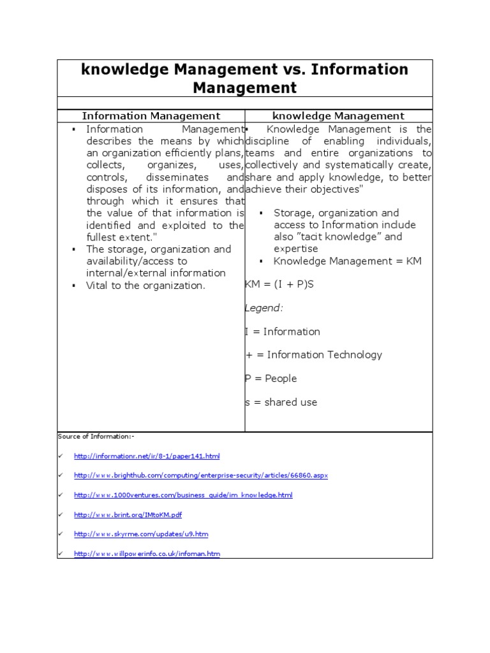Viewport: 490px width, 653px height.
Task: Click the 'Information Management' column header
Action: pyautogui.click(x=151, y=116)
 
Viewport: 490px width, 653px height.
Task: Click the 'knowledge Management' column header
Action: pyautogui.click(x=338, y=116)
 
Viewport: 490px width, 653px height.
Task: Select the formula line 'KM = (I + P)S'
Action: pyautogui.click(x=279, y=284)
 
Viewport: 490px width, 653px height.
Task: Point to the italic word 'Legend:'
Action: pyautogui.click(x=264, y=308)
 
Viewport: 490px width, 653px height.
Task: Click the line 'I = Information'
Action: pyautogui.click(x=283, y=332)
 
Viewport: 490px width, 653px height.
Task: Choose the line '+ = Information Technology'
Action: pyautogui.click(x=313, y=355)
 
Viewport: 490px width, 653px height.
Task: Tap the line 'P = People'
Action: pyautogui.click(x=271, y=379)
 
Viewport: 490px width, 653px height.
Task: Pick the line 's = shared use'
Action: pyautogui.click(x=281, y=402)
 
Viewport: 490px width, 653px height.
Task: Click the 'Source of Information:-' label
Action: pyautogui.click(x=96, y=437)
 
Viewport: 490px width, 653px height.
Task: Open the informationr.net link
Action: pyautogui.click(x=147, y=457)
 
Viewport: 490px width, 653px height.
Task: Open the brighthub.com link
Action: pyautogui.click(x=201, y=476)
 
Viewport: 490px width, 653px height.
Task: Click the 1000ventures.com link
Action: pyautogui.click(x=183, y=495)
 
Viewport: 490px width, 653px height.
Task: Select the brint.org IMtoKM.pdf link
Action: pyautogui.click(x=128, y=515)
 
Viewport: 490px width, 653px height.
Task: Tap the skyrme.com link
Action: pyautogui.click(x=141, y=534)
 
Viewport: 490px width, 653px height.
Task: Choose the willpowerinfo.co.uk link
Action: pyautogui.click(x=147, y=554)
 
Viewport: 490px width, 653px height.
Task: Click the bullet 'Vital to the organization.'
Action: pyautogui.click(x=146, y=286)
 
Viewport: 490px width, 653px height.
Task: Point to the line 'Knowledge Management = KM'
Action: pyautogui.click(x=348, y=261)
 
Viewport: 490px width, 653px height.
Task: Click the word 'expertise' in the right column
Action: pyautogui.click(x=296, y=249)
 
